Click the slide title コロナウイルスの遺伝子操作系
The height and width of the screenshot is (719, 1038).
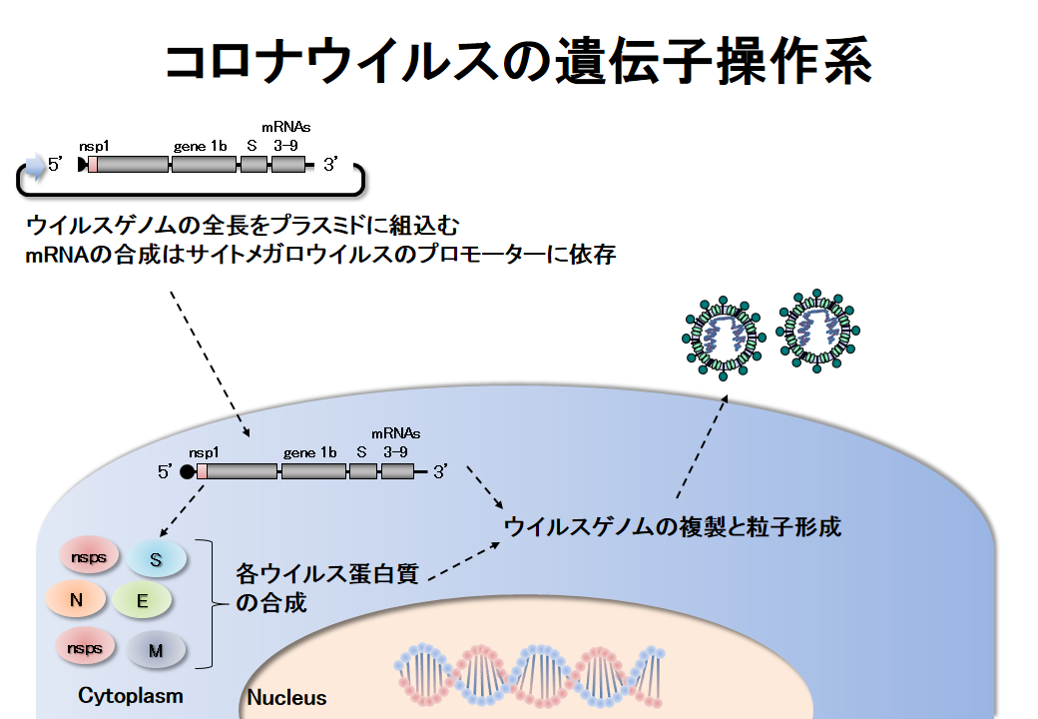(518, 62)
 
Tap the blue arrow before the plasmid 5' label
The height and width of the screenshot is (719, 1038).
(36, 165)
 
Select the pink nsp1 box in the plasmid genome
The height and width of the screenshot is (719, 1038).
(93, 165)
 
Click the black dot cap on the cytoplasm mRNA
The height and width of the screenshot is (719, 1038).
(187, 471)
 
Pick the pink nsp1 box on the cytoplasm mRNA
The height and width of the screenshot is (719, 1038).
(202, 471)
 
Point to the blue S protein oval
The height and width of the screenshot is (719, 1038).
(156, 559)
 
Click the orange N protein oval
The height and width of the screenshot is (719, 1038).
(76, 599)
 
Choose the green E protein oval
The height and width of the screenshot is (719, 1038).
(142, 600)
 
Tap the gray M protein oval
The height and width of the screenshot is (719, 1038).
(156, 650)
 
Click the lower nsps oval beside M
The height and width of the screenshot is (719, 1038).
(85, 648)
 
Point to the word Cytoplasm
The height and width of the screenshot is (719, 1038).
(131, 694)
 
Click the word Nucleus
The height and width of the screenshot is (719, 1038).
(286, 697)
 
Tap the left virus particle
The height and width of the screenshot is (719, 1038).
(724, 335)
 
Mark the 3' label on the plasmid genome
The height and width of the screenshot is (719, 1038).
(331, 165)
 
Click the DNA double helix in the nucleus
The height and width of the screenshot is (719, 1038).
(528, 671)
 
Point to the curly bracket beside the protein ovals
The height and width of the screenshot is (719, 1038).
(209, 603)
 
